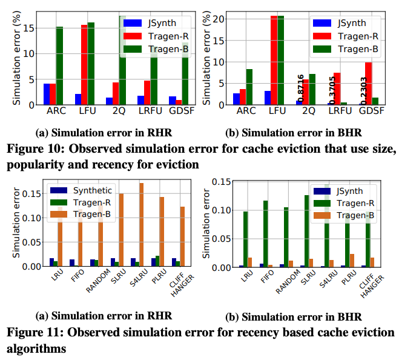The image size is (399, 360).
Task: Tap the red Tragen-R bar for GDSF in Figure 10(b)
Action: click(x=368, y=84)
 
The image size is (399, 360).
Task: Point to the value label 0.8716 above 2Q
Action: click(x=300, y=86)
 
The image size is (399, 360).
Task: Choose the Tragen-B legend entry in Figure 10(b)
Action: click(x=352, y=48)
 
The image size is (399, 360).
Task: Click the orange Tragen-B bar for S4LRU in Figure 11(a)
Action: click(x=142, y=224)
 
